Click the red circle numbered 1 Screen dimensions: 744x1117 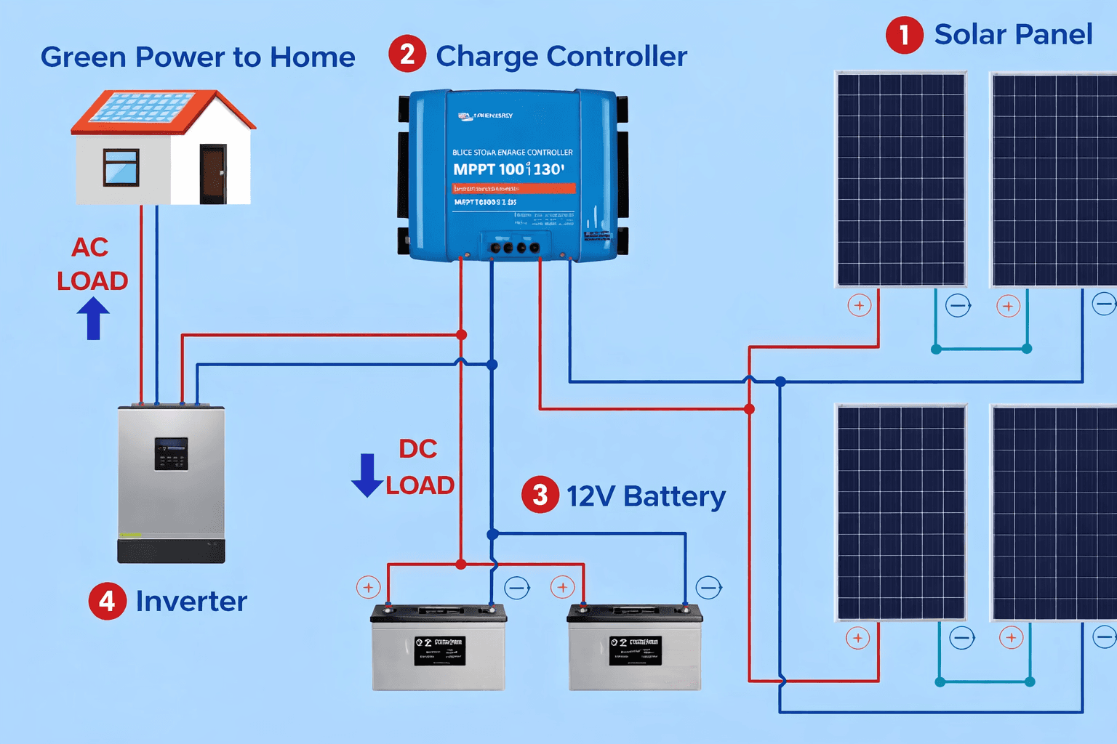coord(904,35)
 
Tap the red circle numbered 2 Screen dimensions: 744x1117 coord(407,54)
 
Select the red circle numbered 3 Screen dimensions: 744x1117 coord(540,495)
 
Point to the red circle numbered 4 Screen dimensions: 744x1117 coord(107,601)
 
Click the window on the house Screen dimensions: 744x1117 coord(121,167)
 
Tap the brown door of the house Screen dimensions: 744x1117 coord(213,174)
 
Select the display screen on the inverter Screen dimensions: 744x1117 coord(171,453)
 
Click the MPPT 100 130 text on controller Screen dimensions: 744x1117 coord(508,169)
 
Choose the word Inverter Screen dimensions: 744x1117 coord(191,602)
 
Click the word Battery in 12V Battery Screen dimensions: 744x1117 coord(674,496)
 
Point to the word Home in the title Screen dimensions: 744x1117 coord(312,57)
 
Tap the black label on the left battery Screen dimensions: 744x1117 coord(439,651)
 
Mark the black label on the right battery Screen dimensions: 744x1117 coord(636,651)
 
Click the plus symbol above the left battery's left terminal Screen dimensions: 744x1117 coord(369,587)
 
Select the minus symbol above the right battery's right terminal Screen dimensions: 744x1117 coord(708,587)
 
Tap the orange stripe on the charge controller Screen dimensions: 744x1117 coord(513,188)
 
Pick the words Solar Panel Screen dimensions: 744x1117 coord(1013,34)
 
